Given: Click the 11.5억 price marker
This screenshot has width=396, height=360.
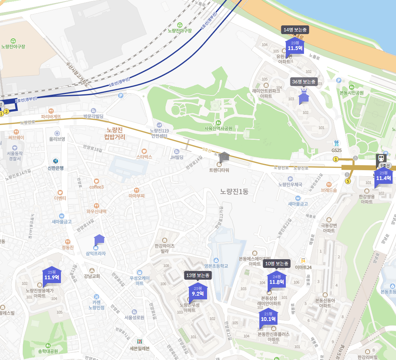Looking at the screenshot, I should [295, 46].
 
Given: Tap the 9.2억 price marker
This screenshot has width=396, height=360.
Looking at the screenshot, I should [198, 291].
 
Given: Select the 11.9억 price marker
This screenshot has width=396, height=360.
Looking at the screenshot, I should [51, 275].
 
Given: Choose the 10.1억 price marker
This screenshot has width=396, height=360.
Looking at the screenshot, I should [268, 317].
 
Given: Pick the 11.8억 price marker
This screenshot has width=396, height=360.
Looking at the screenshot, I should [276, 280].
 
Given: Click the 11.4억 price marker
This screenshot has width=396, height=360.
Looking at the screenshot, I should [383, 176].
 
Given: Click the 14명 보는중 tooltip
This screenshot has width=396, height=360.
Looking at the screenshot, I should [295, 30].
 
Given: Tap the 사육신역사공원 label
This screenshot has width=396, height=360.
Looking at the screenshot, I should [218, 128].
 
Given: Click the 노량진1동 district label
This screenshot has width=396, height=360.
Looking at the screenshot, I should [234, 191].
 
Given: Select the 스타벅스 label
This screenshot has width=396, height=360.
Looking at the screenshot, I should [144, 156].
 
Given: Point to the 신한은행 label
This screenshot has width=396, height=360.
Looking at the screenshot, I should [56, 168].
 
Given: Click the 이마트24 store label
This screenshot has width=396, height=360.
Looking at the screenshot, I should [303, 268].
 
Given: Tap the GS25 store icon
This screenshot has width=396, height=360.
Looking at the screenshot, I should [336, 143].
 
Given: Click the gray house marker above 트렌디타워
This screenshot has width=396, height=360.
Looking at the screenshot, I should [225, 156].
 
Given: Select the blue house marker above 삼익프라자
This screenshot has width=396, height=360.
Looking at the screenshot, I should [99, 239].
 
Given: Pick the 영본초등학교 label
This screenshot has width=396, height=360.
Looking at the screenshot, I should [216, 266].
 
